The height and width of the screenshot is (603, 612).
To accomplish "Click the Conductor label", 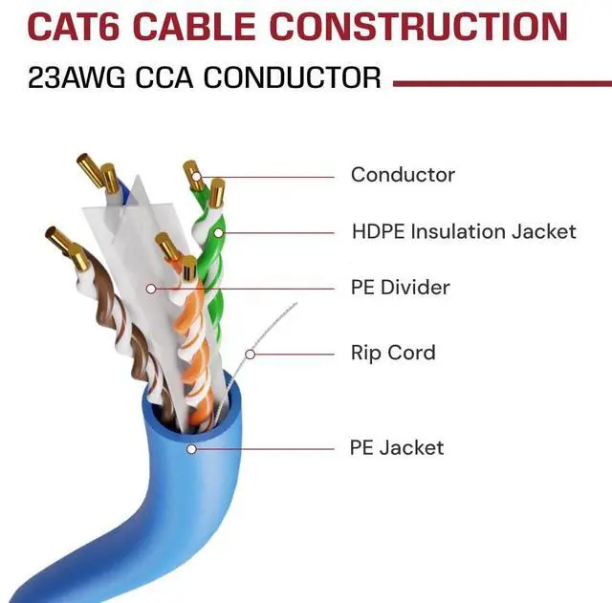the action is [x=403, y=175].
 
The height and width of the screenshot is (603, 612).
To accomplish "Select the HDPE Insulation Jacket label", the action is [x=464, y=231].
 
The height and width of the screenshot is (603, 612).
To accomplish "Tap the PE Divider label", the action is [x=400, y=287].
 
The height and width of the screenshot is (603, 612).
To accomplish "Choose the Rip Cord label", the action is [x=393, y=353].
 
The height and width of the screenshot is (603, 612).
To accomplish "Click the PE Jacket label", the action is [x=397, y=447].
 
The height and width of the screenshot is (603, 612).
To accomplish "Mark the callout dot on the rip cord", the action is [x=251, y=354].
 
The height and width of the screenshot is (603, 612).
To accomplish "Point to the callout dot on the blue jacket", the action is [x=191, y=447].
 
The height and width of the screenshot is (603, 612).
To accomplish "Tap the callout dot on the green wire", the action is [x=218, y=231].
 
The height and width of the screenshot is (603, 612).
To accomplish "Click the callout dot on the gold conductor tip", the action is [x=196, y=176].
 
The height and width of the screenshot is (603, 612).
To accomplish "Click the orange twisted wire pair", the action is [x=186, y=334].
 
